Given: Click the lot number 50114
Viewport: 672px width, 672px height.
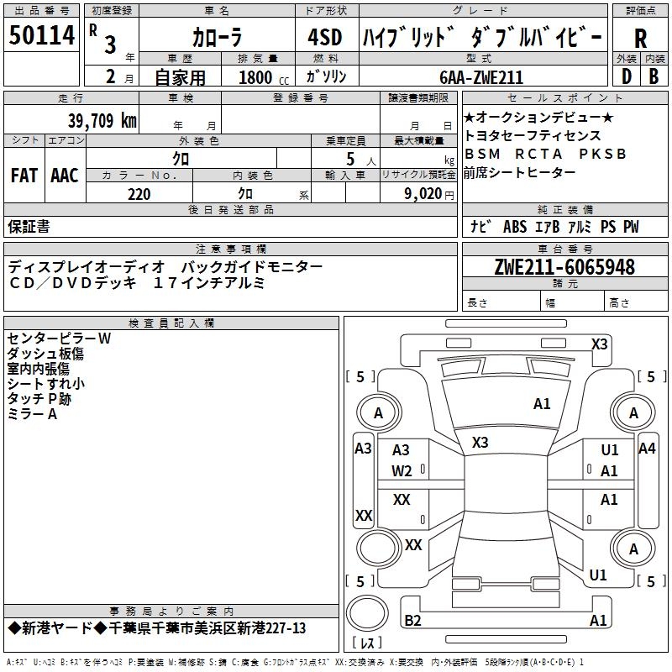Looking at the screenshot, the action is [42, 35].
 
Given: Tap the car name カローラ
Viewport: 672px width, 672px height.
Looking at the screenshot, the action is [216, 37].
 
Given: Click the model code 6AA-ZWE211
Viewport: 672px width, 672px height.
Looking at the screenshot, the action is [481, 77].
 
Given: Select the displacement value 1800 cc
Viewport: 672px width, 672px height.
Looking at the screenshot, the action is [262, 78].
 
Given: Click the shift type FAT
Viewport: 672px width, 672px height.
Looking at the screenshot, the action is [24, 176].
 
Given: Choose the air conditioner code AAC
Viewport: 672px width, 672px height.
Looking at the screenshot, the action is [65, 176].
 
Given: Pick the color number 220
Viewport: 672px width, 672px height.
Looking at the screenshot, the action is [139, 194].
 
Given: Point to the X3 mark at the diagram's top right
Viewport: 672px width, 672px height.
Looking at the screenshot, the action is [599, 344].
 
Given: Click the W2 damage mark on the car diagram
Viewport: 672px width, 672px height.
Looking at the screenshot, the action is [402, 470].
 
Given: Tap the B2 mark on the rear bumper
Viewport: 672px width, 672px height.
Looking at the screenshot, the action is [412, 621].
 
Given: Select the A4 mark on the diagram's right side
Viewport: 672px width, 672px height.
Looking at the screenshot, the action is [647, 448].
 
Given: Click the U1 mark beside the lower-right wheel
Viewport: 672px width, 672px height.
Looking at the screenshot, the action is [598, 575].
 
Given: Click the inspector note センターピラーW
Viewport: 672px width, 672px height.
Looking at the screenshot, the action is [59, 338].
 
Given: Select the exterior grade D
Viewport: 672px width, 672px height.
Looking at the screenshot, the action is [626, 76].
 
